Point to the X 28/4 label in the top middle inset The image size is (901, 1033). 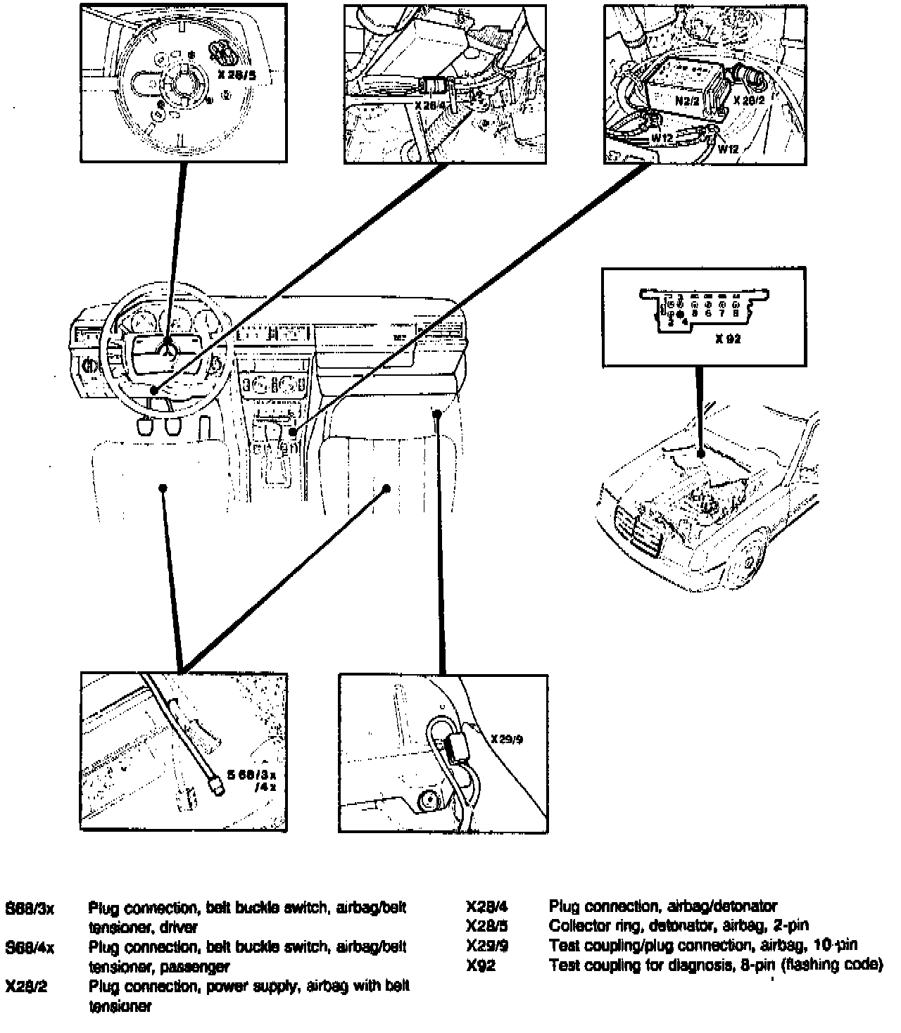coord(430,105)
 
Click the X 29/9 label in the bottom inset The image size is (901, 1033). coord(508,740)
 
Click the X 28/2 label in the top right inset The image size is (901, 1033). coord(749,101)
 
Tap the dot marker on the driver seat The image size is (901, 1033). coord(163,488)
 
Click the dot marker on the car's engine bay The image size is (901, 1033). coord(701,455)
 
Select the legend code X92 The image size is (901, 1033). coord(481,965)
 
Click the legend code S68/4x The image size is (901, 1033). coord(30,947)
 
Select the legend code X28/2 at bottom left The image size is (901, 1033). coord(26,987)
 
